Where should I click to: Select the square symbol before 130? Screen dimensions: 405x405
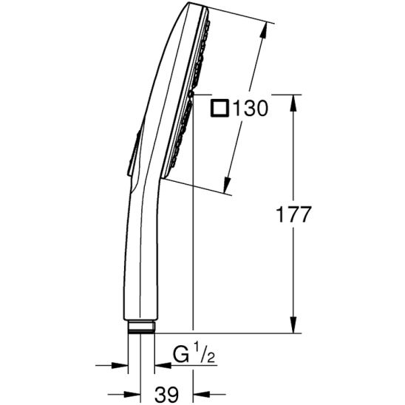click(220, 109)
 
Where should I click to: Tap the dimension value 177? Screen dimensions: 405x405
click(293, 214)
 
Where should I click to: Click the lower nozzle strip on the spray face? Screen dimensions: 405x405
click(181, 133)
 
